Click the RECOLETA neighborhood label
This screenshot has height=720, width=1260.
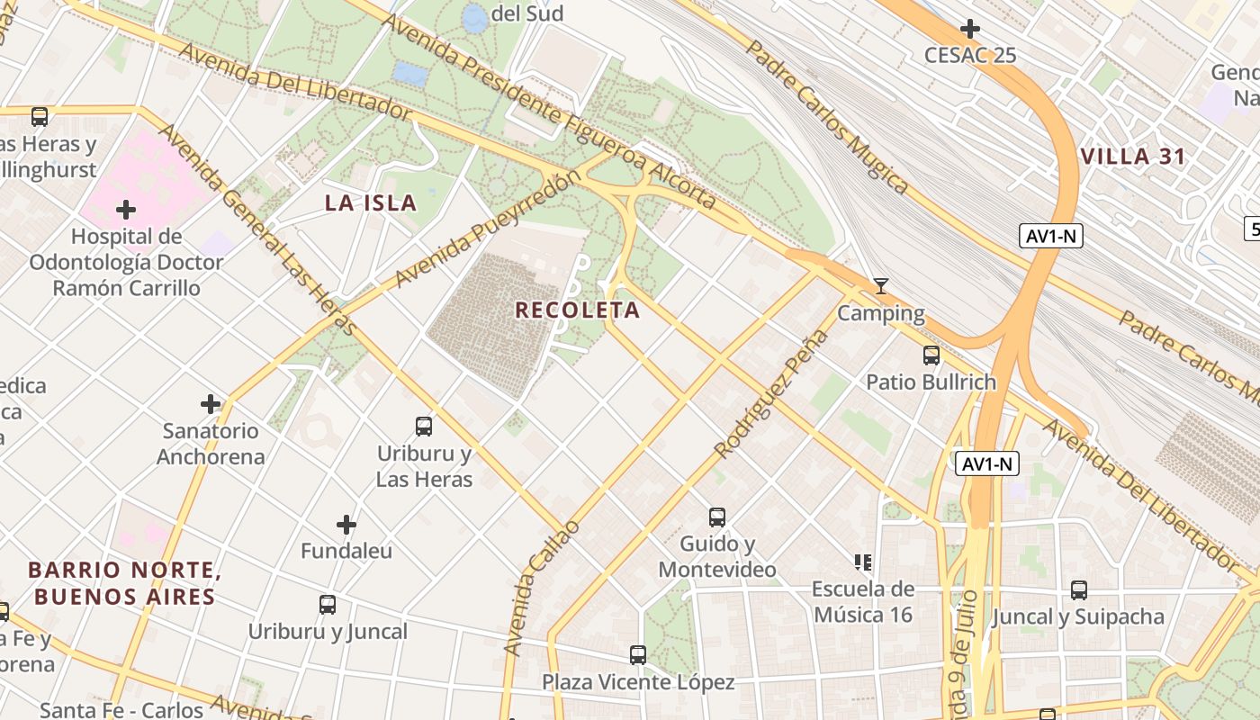(x=577, y=310)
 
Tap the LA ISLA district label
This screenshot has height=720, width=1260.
(x=371, y=203)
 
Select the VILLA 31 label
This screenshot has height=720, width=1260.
(x=1133, y=157)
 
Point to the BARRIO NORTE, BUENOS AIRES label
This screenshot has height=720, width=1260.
(x=124, y=583)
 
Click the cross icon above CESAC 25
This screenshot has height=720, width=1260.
(x=969, y=29)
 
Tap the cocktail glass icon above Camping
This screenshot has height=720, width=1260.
(x=881, y=286)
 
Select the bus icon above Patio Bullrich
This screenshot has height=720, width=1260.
(x=931, y=355)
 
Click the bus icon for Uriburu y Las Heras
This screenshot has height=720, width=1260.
(x=424, y=427)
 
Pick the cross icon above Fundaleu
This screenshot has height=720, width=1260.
(x=346, y=525)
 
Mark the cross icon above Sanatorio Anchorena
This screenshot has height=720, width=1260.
(x=211, y=404)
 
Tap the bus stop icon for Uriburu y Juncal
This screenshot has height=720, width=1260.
(x=328, y=605)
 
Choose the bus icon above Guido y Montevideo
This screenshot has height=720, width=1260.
(x=716, y=517)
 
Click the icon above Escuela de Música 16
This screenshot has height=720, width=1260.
(x=863, y=562)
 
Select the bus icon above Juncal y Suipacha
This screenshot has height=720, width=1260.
(x=1078, y=590)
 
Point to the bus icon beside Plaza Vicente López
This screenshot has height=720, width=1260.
(x=638, y=655)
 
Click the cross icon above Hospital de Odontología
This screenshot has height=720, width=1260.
(x=126, y=211)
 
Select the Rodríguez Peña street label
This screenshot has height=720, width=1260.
(x=771, y=394)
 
